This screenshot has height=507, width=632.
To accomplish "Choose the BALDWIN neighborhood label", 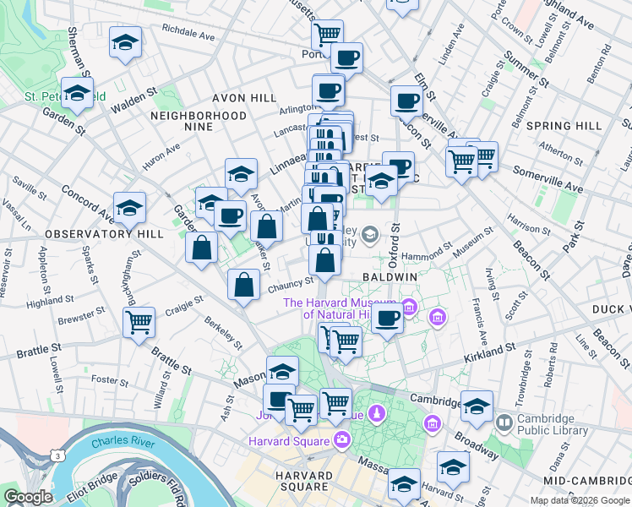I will [390, 276].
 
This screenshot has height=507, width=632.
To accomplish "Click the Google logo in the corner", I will [28, 497].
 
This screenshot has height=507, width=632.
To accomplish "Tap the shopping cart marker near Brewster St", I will [139, 321].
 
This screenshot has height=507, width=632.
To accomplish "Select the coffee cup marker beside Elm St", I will [406, 101].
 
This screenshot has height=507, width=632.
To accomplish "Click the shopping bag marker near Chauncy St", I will [243, 285].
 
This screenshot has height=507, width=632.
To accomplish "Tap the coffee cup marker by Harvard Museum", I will [387, 319].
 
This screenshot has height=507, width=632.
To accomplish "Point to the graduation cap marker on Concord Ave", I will [129, 206].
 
